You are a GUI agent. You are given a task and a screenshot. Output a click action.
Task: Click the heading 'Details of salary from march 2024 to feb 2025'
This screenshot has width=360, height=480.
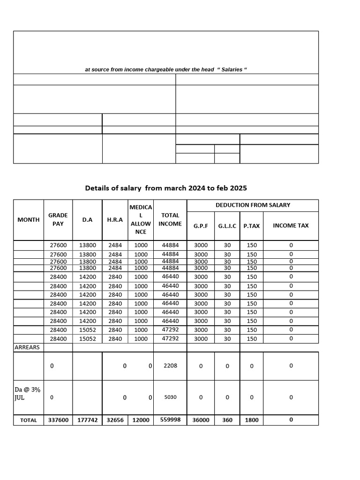(166, 188)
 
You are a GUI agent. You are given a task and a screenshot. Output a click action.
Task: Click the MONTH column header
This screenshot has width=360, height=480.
(29, 219)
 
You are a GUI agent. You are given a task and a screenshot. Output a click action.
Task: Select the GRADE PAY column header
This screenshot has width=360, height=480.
(58, 219)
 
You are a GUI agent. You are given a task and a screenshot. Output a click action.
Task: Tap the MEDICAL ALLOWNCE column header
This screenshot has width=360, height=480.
(141, 219)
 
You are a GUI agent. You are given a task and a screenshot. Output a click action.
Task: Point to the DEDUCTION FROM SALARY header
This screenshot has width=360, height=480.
(253, 205)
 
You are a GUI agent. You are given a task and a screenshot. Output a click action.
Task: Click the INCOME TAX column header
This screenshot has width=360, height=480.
(291, 225)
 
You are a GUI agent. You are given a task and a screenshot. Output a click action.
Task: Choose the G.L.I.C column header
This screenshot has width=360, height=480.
(227, 225)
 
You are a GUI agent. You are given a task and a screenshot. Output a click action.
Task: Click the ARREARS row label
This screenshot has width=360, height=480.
(27, 347)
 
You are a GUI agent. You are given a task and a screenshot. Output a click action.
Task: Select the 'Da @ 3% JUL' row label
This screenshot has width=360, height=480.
(25, 393)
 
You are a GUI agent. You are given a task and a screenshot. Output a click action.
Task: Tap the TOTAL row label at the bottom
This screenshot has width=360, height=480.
(29, 420)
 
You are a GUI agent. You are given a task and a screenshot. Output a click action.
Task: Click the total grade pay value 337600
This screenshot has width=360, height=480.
(58, 420)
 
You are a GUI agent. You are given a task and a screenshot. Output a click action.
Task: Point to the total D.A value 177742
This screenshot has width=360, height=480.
(87, 420)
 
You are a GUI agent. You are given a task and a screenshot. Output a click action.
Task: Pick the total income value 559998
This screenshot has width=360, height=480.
(170, 420)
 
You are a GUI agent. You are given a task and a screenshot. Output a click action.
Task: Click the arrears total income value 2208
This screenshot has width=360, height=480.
(170, 366)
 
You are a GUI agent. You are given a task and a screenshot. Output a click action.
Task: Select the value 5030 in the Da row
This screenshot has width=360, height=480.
(170, 397)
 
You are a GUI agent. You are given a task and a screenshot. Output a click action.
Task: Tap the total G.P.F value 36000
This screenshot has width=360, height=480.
(201, 420)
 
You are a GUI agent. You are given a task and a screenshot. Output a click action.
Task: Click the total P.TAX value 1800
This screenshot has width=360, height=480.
(252, 420)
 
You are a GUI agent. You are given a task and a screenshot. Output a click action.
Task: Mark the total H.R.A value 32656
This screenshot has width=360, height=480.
(115, 420)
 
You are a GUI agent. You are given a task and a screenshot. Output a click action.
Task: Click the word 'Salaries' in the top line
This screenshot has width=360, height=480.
(232, 69)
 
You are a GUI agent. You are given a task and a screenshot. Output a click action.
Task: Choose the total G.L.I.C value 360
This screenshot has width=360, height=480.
(227, 420)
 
